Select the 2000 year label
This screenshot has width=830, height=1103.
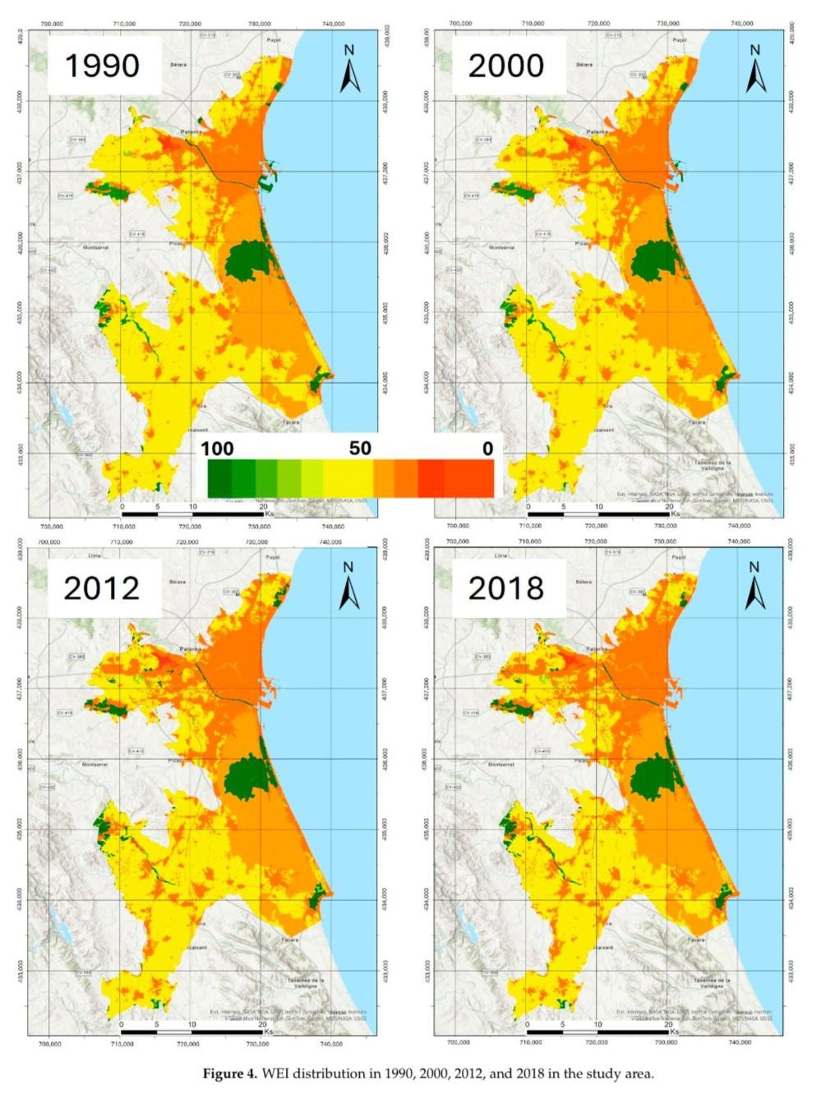(506, 65)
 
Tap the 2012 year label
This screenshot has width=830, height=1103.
(101, 588)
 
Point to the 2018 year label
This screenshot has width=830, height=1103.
(506, 588)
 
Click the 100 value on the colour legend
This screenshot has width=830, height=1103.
(217, 449)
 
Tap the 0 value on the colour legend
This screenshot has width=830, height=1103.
(487, 449)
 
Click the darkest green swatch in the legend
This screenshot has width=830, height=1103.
(220, 478)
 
